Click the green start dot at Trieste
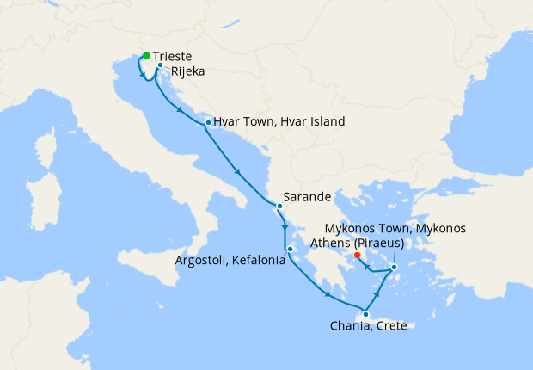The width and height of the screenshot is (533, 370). coord(146,55)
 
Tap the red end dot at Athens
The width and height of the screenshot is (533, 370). coord(358,254)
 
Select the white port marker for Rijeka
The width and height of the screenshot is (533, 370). coord(161,65)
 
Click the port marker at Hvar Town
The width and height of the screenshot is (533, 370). coord(208,123)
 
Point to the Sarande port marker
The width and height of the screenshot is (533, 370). coord(279,207)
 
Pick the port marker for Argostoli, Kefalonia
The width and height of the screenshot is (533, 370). coord(291,250)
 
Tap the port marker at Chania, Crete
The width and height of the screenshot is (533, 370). coord(366,315)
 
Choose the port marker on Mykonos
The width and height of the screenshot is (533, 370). coord(394,268)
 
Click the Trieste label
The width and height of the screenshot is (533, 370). coord(173,55)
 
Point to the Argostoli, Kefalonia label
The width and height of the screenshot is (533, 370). coord(230,258)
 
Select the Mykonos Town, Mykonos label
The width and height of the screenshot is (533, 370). coord(395,229)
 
